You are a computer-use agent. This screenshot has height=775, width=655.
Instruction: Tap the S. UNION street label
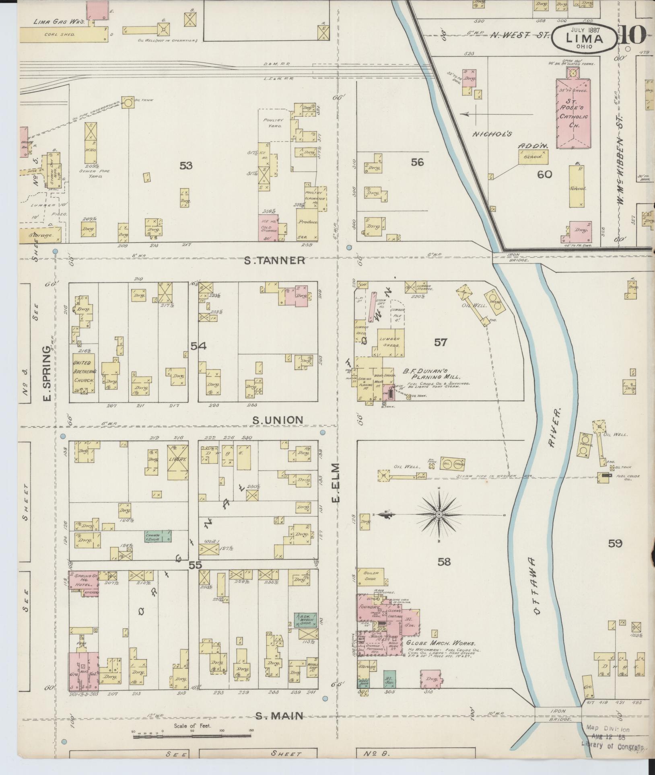(x=278, y=420)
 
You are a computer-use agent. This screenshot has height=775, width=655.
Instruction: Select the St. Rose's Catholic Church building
(x=573, y=113)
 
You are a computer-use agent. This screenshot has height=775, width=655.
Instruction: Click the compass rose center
(x=439, y=515)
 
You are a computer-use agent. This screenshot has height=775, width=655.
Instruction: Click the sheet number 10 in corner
(x=633, y=36)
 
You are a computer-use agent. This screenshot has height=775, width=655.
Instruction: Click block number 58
(x=444, y=562)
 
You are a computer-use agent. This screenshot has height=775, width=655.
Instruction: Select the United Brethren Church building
(x=84, y=374)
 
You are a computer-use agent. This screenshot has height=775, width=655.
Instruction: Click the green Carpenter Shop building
(x=158, y=536)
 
